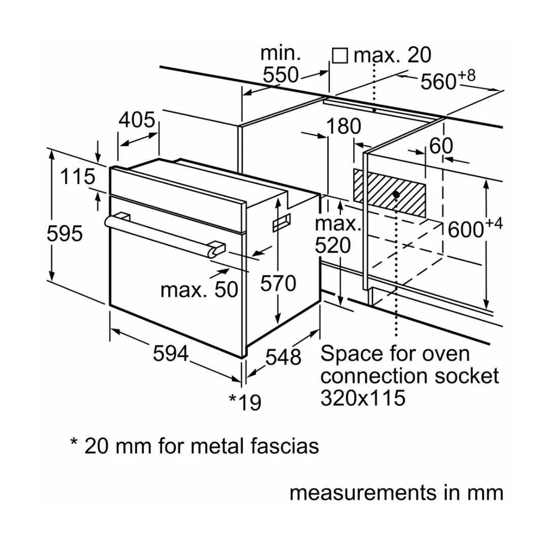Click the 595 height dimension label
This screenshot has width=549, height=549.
[x=65, y=234]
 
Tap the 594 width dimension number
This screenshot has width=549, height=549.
[x=171, y=354]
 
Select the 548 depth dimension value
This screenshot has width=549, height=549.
[x=284, y=357]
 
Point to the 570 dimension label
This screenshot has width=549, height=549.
[x=278, y=283]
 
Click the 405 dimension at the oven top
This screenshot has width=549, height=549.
[x=137, y=120]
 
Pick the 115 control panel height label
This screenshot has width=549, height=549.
[x=78, y=176]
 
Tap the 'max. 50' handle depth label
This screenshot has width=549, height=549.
[x=199, y=290]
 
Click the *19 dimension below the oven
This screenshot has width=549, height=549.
[x=245, y=402]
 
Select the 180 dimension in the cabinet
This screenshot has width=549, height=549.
[x=344, y=127]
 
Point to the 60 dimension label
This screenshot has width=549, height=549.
[x=441, y=146]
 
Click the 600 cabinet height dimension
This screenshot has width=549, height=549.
[x=466, y=229]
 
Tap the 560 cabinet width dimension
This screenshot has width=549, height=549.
[x=438, y=81]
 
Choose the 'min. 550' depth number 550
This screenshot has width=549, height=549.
[x=281, y=75]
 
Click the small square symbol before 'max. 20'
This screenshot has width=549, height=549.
[x=340, y=55]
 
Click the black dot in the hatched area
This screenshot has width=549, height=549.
[x=396, y=194]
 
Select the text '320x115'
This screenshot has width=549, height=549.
[x=363, y=398]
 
